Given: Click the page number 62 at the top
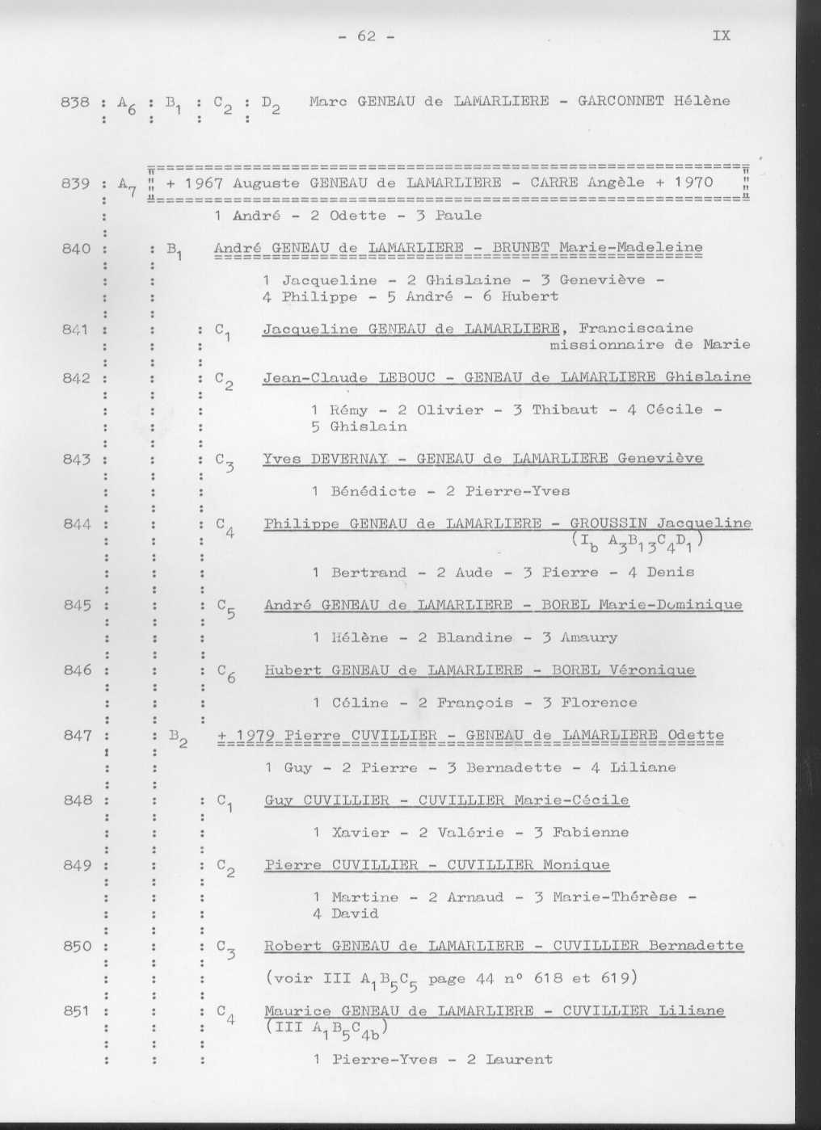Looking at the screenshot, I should coord(367,36).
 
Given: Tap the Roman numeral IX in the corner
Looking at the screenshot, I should coord(722,36).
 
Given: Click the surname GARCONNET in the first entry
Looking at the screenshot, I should coord(620,101).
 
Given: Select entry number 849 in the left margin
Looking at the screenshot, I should coord(77,865).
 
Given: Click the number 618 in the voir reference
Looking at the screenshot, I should coord(549,978).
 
